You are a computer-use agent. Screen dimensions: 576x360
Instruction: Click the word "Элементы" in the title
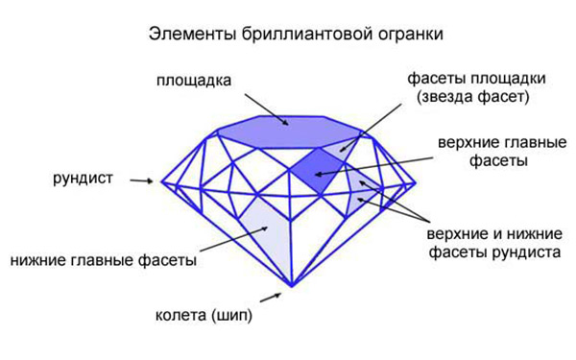[x=185, y=35]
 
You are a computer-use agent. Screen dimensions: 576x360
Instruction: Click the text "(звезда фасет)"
[x=474, y=97]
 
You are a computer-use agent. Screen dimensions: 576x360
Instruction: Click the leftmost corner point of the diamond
[x=161, y=180]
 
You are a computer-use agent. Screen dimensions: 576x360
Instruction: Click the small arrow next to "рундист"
[x=141, y=180]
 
